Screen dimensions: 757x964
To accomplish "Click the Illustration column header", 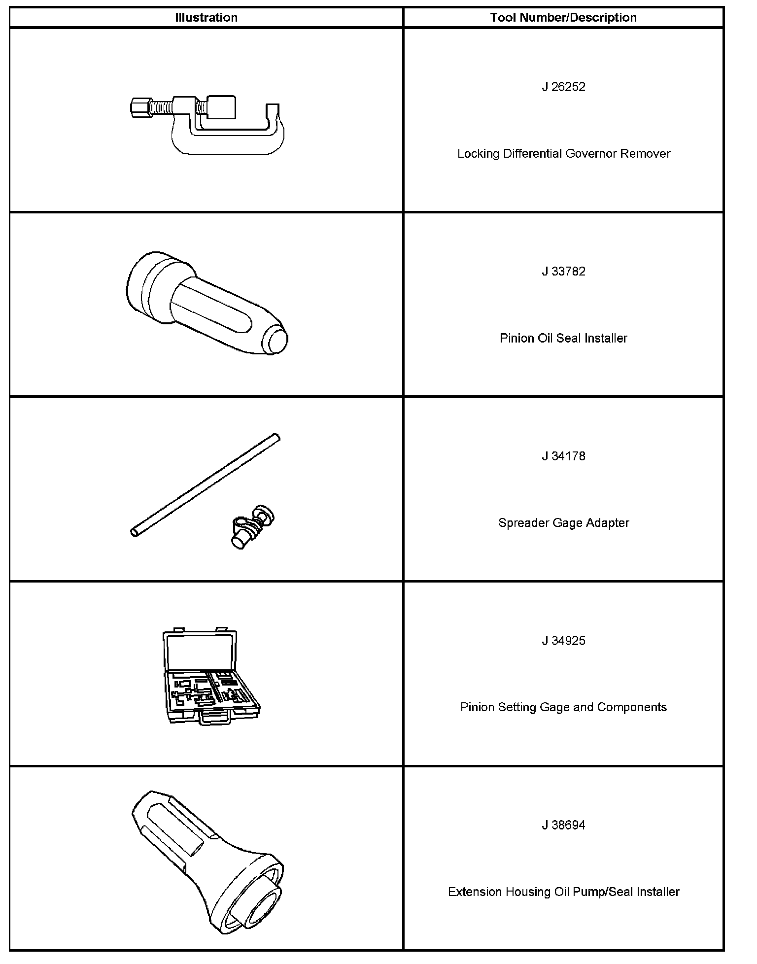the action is click(206, 18).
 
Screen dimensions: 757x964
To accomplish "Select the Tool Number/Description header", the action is click(563, 18).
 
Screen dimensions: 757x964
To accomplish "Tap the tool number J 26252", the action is click(563, 87).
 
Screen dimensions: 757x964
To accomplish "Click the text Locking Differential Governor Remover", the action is click(563, 154).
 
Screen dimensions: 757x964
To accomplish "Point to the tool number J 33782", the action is click(563, 272).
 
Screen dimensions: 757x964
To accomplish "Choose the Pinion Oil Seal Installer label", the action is click(563, 339).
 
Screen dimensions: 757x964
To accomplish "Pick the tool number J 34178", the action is click(563, 456).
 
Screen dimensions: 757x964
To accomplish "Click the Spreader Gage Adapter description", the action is click(563, 523).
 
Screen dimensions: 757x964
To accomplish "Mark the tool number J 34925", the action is click(563, 641).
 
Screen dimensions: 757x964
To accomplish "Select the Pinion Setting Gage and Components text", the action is click(563, 708).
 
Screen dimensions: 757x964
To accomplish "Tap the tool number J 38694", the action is click(563, 826).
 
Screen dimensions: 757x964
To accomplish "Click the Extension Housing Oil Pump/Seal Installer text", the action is click(563, 892).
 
